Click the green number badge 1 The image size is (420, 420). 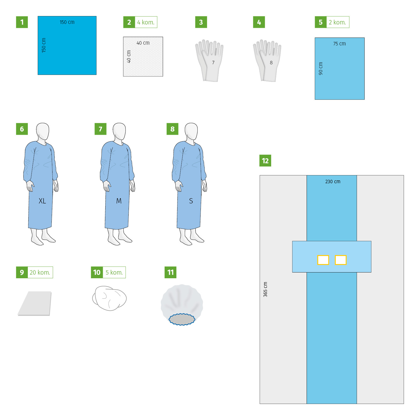[22, 22]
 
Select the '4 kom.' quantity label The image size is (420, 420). [146, 22]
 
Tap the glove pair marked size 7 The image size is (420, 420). [209, 61]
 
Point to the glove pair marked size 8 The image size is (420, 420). [267, 61]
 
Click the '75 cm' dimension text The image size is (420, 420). [339, 44]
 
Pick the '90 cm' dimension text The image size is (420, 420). [321, 69]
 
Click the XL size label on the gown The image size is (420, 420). [42, 201]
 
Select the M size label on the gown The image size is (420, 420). [119, 201]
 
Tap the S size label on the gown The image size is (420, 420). [191, 201]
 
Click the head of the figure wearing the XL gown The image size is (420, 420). [43, 131]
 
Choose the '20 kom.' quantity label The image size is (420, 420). [40, 272]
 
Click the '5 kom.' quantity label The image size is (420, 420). [114, 272]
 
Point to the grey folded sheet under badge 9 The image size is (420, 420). [35, 303]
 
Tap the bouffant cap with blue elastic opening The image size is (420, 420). [182, 304]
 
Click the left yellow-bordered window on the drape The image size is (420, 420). [323, 260]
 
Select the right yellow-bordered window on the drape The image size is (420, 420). [341, 260]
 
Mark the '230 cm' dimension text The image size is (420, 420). [333, 182]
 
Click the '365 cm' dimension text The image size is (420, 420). [265, 289]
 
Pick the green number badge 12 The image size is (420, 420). [265, 161]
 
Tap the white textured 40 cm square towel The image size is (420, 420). [143, 57]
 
